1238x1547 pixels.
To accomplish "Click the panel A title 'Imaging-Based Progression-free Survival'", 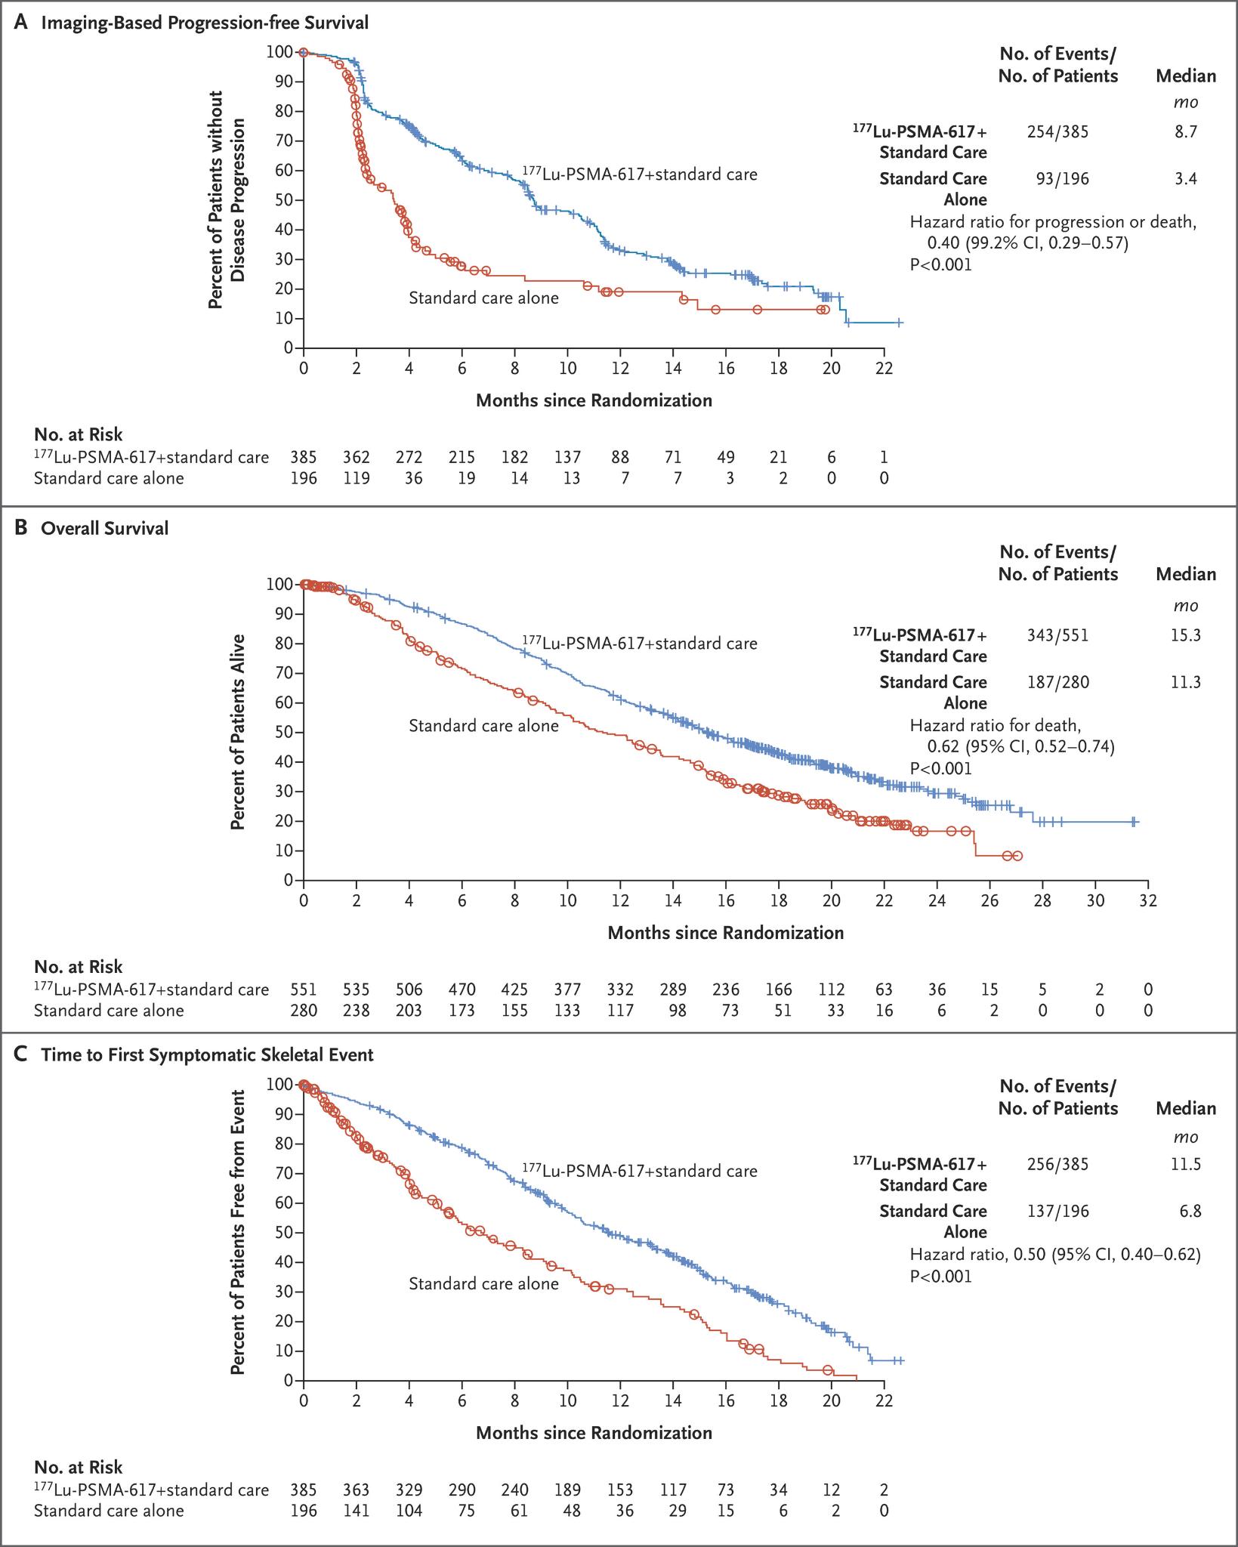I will click(x=204, y=23).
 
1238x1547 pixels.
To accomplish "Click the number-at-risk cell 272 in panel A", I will click(x=409, y=457).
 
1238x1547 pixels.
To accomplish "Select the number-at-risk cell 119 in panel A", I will click(x=356, y=477).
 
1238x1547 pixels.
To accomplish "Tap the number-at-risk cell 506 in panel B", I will click(x=409, y=990).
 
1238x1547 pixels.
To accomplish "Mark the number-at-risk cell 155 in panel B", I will click(x=514, y=1010).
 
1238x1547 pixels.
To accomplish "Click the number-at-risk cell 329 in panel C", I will click(x=409, y=1490).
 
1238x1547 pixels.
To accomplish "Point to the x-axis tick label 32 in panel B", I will click(x=1148, y=900).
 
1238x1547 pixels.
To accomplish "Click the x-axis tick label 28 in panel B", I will click(x=1042, y=900).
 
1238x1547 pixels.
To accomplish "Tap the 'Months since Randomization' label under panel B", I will click(x=725, y=932).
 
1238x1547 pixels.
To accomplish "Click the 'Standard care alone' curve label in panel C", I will click(x=483, y=1283).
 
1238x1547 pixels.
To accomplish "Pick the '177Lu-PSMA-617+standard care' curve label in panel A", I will click(x=639, y=174).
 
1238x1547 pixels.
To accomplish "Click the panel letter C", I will click(x=21, y=1054).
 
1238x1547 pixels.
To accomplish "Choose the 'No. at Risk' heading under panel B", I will click(x=79, y=967).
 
